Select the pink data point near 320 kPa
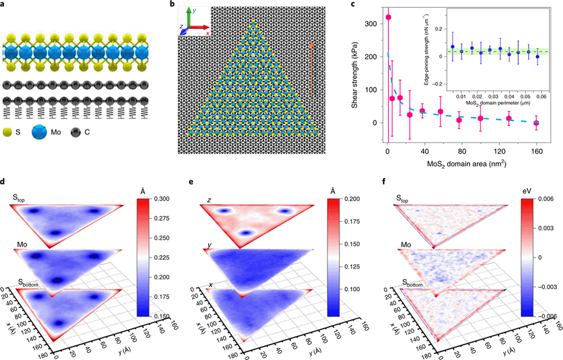[388, 17]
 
